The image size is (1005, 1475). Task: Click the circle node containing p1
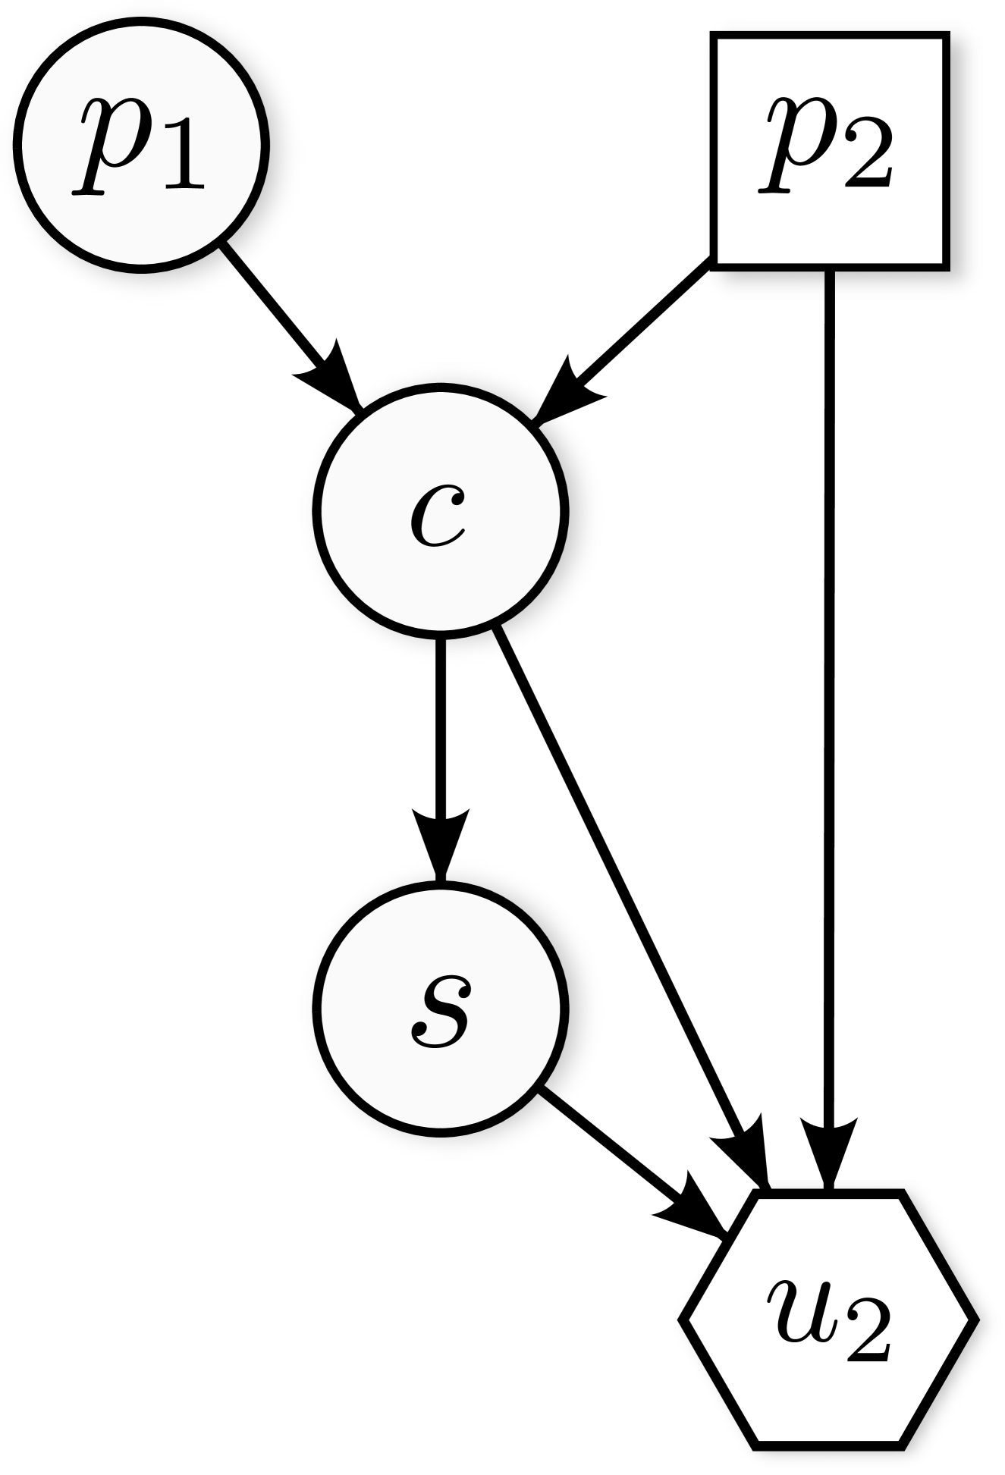(141, 145)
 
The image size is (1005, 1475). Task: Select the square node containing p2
(830, 151)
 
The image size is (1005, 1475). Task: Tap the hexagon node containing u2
(828, 1320)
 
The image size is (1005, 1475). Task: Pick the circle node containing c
(440, 511)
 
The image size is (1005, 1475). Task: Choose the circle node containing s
(440, 1009)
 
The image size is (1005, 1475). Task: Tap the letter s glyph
(440, 1011)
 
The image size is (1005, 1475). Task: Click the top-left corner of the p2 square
(718, 39)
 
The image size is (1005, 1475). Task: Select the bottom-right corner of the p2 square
(941, 262)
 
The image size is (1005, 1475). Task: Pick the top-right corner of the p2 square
(941, 39)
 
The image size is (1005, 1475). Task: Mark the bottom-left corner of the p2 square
(718, 262)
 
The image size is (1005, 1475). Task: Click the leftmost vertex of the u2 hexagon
(689, 1320)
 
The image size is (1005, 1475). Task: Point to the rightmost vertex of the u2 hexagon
(968, 1320)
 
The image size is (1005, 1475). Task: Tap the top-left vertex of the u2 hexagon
(758, 1199)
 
